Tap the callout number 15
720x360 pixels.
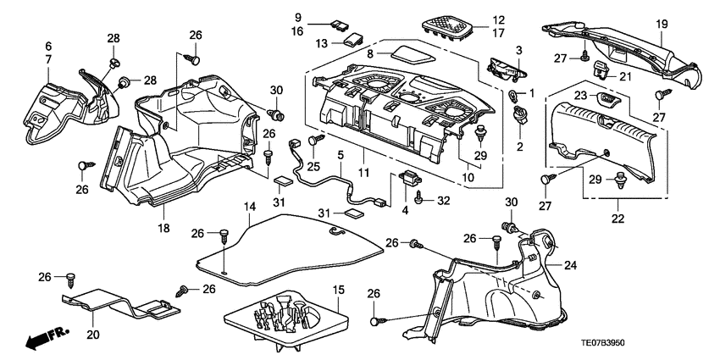339,291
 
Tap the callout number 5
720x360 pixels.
341,156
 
